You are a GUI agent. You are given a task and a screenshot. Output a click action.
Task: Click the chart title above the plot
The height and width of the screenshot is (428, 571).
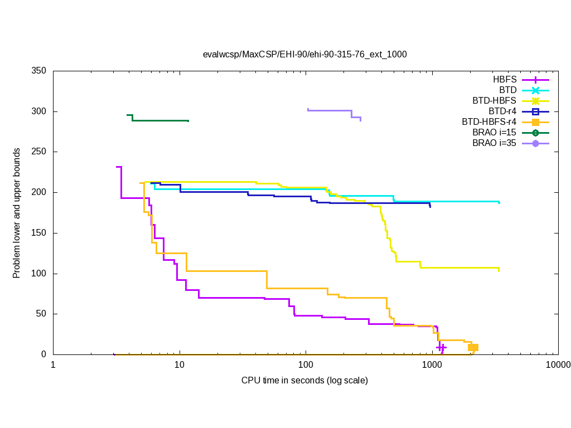[305, 55]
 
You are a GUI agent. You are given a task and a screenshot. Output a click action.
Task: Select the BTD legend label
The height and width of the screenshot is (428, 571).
[508, 90]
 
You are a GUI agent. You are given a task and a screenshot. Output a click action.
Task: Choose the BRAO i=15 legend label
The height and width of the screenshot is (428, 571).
[494, 133]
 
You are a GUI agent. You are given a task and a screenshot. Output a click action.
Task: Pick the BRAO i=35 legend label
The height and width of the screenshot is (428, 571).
[494, 143]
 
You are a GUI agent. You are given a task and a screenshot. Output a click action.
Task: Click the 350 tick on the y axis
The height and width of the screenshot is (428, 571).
[38, 71]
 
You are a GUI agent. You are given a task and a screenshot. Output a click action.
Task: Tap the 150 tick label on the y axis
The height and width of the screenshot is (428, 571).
[38, 233]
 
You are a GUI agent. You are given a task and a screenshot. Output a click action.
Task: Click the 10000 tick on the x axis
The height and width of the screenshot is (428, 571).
[558, 366]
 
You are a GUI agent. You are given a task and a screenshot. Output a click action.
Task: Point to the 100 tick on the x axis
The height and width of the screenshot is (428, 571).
[306, 366]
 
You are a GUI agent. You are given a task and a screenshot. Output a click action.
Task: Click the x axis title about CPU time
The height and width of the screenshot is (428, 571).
[304, 381]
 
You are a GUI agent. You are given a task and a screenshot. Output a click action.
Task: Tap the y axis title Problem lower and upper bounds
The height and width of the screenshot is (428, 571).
[17, 213]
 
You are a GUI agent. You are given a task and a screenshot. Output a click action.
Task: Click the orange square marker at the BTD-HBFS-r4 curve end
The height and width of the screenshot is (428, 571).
[473, 347]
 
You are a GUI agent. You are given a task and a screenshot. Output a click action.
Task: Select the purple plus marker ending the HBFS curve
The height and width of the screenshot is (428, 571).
[441, 347]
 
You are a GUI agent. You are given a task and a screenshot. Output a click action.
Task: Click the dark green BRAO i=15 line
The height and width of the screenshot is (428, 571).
[162, 120]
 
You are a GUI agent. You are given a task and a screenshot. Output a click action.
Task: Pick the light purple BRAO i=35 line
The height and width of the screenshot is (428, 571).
[329, 110]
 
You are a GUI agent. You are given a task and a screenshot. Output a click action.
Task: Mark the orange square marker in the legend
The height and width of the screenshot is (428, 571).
[535, 122]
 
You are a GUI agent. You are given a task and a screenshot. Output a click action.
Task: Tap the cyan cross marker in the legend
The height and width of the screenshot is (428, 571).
[535, 90]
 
